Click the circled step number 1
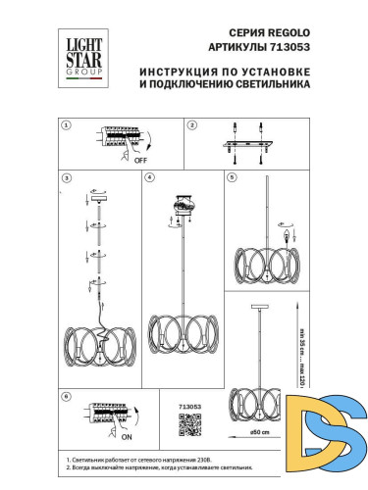click(66, 125)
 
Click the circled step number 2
click(192, 125)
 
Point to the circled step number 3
click(66, 179)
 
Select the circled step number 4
click(149, 179)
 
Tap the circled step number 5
click(232, 179)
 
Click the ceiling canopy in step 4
click(182, 204)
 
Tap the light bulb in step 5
click(288, 238)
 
